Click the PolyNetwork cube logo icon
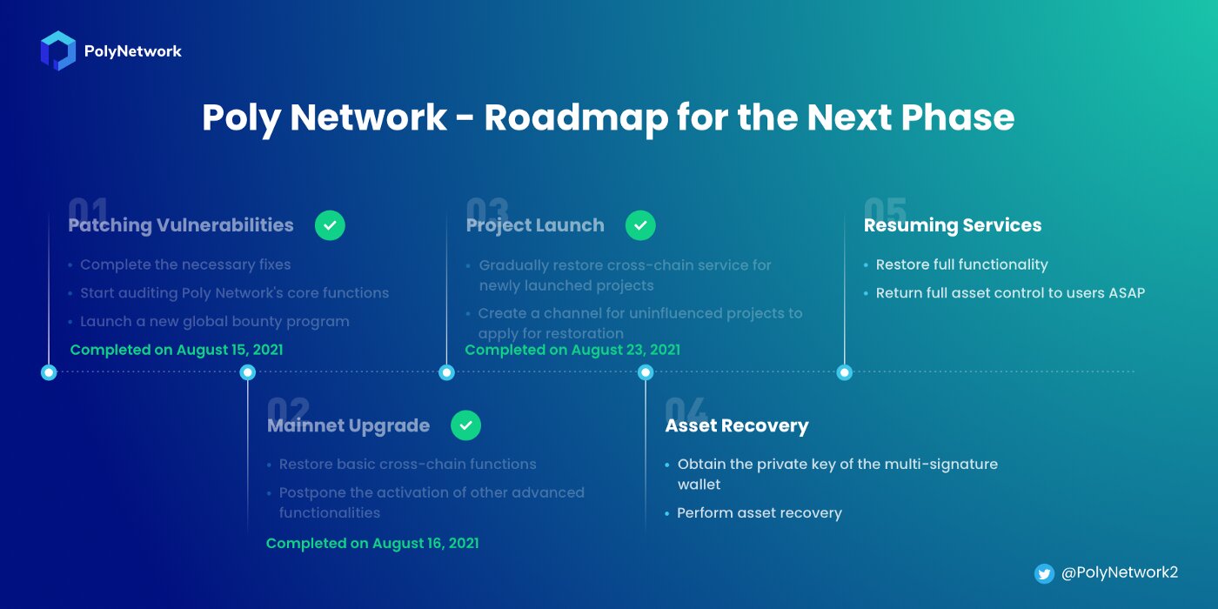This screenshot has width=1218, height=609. coord(58,50)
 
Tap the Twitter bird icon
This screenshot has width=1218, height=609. coord(1044,573)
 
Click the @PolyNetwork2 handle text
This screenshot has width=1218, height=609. coord(1120,572)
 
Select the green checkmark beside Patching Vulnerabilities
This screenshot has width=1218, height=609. coord(330,225)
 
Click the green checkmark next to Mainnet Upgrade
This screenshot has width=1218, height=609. coord(465,425)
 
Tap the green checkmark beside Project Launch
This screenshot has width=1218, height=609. coord(640,225)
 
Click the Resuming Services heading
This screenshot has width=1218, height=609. coord(952,225)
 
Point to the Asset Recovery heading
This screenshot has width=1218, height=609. coord(737,425)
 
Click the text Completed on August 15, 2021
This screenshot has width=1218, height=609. coord(177,350)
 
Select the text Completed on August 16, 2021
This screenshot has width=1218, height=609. coord(372,543)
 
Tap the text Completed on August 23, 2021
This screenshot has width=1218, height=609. coord(572,350)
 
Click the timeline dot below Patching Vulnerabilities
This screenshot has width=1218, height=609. coord(49,372)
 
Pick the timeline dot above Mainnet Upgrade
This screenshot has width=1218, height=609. coord(248,372)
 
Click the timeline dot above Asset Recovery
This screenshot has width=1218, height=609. coord(646,372)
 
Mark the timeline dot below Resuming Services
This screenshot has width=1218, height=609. coord(844,372)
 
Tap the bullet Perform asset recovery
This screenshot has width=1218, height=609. coord(759,512)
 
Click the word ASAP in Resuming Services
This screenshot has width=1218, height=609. coord(1125,292)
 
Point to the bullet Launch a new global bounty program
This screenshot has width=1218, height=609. coord(215,321)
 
